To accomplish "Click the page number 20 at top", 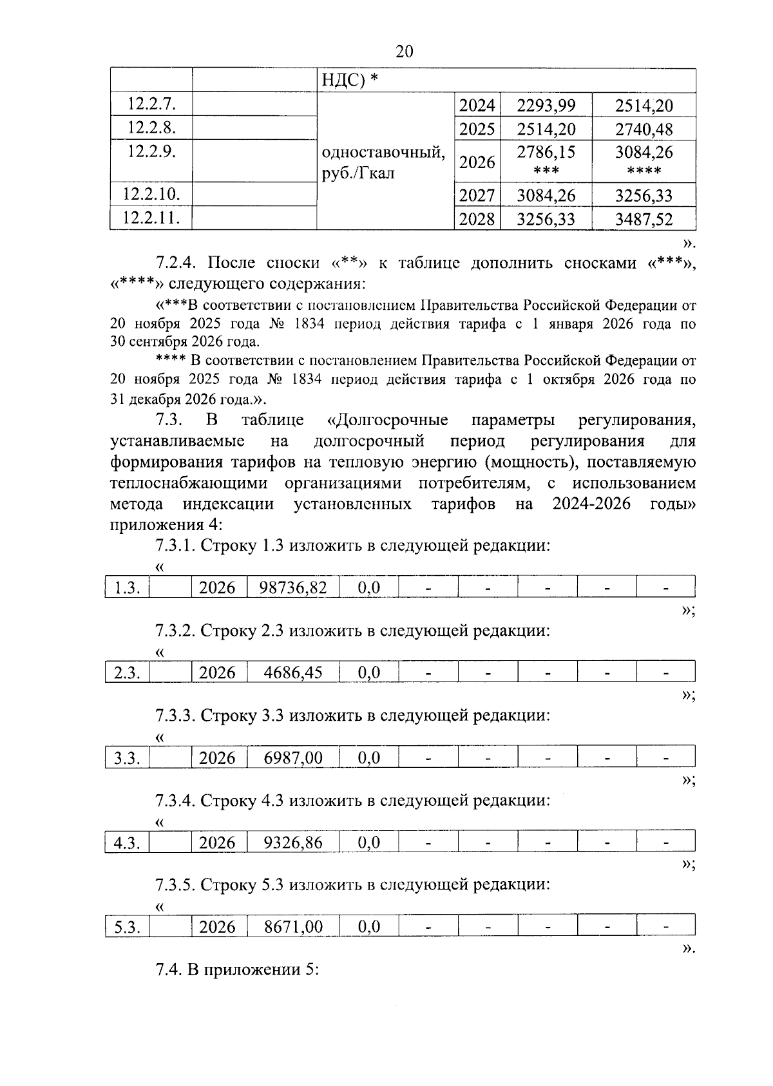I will [x=404, y=52].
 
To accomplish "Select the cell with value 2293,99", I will [x=546, y=105].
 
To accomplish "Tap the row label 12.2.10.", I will [x=151, y=194].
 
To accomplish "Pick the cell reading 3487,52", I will [x=644, y=220].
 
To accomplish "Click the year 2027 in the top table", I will [x=477, y=195].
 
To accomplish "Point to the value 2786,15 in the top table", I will [x=546, y=153].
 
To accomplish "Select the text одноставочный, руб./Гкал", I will [x=383, y=163].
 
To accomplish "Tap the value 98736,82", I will [x=293, y=587].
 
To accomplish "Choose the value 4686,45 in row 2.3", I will [x=293, y=672].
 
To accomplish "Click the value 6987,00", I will [x=293, y=757].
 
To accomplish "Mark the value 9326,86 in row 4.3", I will [x=293, y=843].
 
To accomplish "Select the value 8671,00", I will [x=293, y=927].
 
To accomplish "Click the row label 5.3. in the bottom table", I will [x=128, y=928].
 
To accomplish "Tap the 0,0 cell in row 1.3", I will [x=368, y=587].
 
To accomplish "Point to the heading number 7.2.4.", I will [x=178, y=263].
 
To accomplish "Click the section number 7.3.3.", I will [x=175, y=715].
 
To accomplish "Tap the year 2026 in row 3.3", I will [x=218, y=757].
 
